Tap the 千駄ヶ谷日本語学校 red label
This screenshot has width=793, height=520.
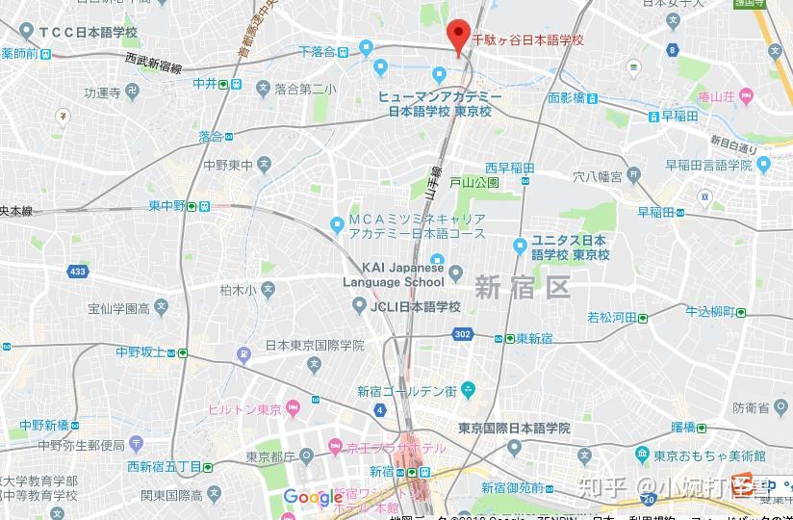[527, 40]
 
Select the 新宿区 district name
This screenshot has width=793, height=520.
[522, 286]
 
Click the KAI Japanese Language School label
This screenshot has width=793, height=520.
[394, 274]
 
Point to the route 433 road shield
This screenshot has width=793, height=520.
[78, 272]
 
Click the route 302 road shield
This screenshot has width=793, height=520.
[464, 334]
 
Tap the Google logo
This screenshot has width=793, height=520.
[313, 497]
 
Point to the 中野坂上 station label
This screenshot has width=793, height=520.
[141, 352]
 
